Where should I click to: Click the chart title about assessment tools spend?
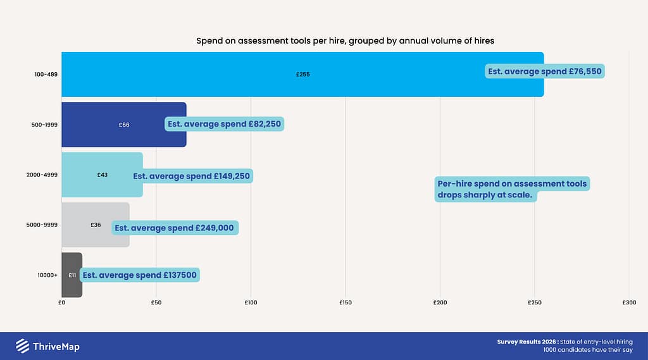click(x=345, y=41)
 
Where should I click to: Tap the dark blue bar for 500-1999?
click(x=95, y=125)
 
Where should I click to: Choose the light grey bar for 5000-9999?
click(x=76, y=225)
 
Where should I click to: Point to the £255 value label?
click(x=302, y=75)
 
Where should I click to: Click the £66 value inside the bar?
click(x=124, y=125)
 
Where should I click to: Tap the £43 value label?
click(x=102, y=175)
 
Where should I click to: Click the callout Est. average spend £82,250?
click(x=224, y=124)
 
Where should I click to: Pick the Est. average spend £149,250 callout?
click(x=192, y=176)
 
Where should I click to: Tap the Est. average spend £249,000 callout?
click(x=175, y=228)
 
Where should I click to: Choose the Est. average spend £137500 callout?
click(x=140, y=275)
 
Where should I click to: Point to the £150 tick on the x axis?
click(x=345, y=302)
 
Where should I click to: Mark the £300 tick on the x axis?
click(x=628, y=302)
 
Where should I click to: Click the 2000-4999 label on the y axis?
click(x=44, y=175)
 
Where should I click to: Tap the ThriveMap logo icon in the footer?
click(x=22, y=346)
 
